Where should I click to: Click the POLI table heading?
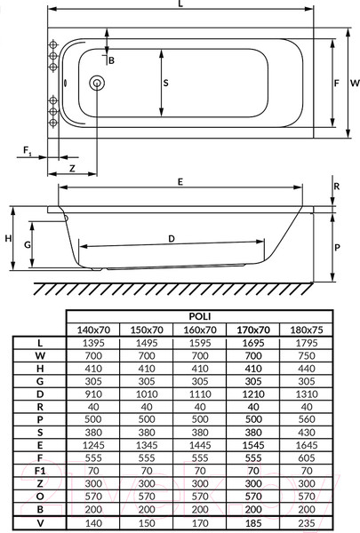coord(200,316)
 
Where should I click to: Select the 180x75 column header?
coord(307,330)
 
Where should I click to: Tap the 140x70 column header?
coord(93,330)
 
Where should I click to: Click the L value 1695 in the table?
coord(253,343)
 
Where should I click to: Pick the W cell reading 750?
coord(307,356)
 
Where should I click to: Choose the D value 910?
coord(93,394)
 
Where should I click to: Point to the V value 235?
coord(307,523)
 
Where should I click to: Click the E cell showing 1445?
coord(200,445)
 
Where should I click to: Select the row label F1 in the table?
coord(40,471)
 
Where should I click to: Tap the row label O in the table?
coord(40,497)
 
